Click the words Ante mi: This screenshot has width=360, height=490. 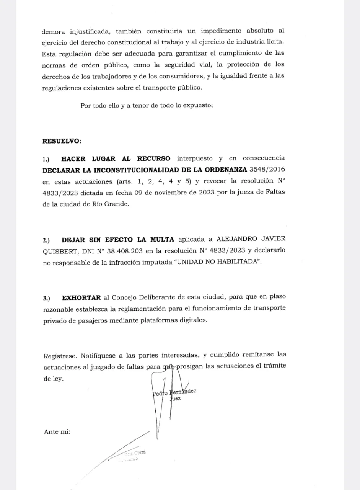(57, 431)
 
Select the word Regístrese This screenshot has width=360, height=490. (59, 355)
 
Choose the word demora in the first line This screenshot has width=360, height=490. (54, 30)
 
